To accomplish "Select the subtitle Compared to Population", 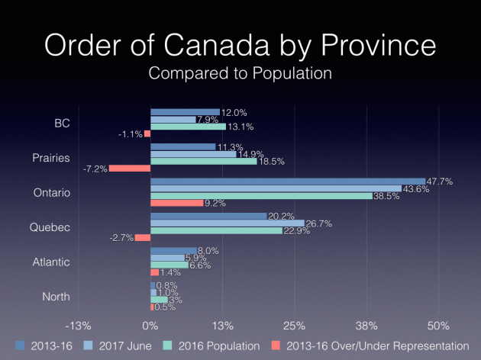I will (240, 74).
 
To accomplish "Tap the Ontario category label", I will (73, 193).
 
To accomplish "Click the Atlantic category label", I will (73, 262).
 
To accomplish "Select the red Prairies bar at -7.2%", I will (130, 169).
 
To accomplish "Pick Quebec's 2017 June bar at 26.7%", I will (228, 223).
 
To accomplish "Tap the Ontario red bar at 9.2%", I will (177, 203).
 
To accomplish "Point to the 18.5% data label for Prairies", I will (272, 162).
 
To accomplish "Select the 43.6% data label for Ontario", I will (416, 189).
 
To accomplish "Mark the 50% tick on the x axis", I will (438, 326).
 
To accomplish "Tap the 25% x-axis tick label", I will (294, 326).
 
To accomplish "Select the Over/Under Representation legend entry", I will (375, 346).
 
